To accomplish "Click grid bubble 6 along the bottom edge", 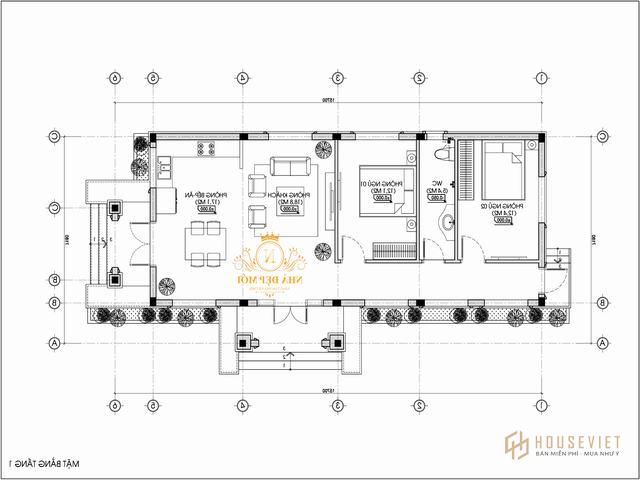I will click(115, 406).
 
